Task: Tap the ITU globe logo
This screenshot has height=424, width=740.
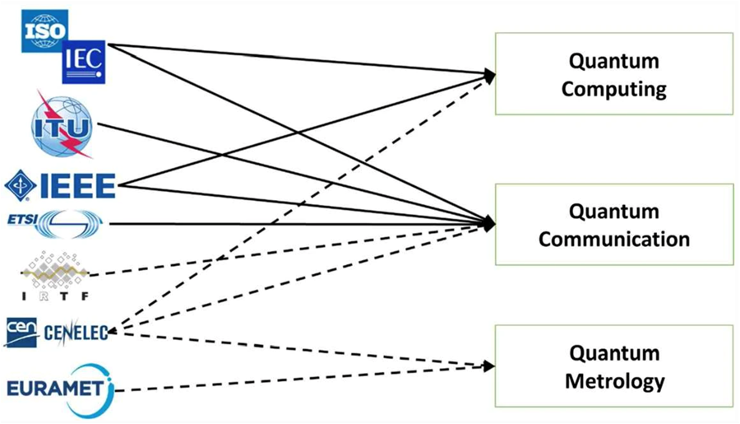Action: click(62, 125)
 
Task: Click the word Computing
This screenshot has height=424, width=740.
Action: click(613, 88)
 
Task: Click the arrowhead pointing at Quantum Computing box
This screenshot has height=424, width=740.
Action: click(490, 76)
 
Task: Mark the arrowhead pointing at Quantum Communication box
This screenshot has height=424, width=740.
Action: click(490, 223)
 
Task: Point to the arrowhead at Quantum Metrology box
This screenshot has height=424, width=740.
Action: click(490, 365)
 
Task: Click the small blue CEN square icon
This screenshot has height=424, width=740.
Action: click(16, 331)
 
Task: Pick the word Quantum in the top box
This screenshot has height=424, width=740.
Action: click(613, 62)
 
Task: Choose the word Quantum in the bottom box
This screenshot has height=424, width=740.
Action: click(613, 354)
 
